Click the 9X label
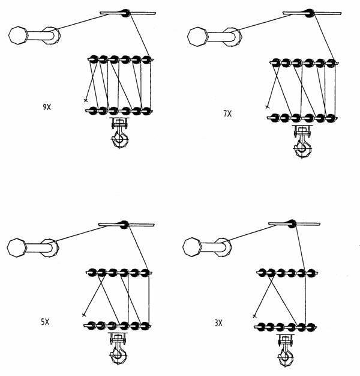coord(47,107)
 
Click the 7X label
coord(227,114)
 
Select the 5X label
coord(45,322)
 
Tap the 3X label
coord(218,323)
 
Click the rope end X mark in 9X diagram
coord(86,100)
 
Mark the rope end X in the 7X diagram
coord(268,106)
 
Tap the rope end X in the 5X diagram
coord(84,315)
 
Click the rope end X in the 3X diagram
coord(254,316)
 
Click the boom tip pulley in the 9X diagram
coord(125,13)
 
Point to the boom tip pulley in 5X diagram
coord(124,225)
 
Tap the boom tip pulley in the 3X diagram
coord(292,224)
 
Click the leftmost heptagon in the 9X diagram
coord(18,35)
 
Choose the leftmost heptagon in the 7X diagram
coord(197,37)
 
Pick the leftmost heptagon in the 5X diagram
coord(17,247)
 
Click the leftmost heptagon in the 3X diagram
coord(192,247)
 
